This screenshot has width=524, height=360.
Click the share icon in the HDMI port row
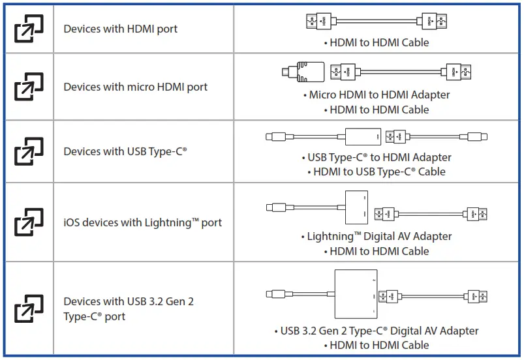coord(29,29)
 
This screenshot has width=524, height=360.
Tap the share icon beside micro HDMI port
coord(29,87)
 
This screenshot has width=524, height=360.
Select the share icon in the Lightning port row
coord(29,222)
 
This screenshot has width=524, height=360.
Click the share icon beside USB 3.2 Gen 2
coord(29,308)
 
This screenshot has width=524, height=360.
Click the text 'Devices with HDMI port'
coord(120,29)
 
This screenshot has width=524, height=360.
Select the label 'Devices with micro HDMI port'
coord(135,87)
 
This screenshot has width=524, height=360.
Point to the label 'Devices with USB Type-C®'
coord(125,151)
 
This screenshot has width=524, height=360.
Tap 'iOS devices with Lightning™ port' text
coord(142,222)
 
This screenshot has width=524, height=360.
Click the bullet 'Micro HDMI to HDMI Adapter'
coord(377,95)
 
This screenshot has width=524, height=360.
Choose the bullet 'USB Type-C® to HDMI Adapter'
coord(377,157)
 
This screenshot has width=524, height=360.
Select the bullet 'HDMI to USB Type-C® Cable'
coord(377,172)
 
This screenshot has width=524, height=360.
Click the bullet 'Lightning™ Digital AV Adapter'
coord(377,236)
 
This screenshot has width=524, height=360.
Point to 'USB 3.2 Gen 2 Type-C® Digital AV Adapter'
coord(377,331)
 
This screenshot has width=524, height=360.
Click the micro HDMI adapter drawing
coord(303,70)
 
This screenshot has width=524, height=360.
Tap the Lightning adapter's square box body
coord(356,207)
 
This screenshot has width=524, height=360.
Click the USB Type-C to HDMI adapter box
coord(363,137)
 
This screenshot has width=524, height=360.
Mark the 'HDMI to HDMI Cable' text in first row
coord(377,42)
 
